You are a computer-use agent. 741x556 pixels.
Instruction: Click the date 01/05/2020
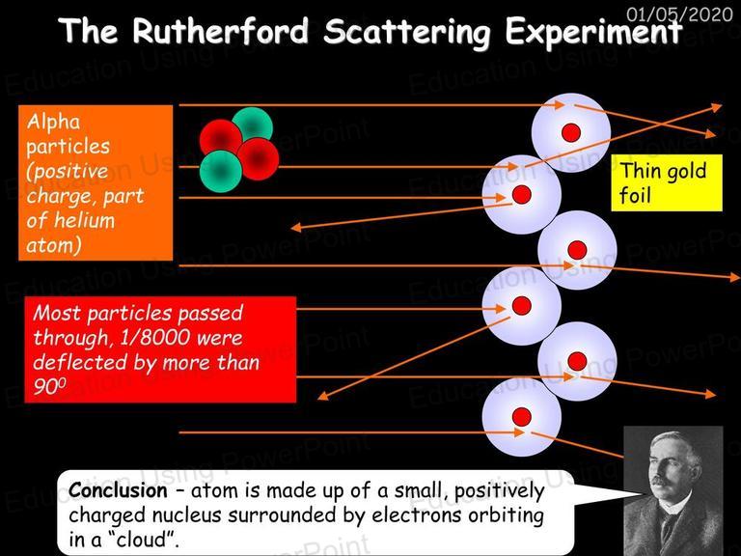click(679, 14)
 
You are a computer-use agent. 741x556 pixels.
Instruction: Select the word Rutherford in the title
click(220, 31)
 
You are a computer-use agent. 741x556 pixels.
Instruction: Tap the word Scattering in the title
click(407, 33)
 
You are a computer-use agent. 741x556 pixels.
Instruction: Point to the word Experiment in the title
click(593, 33)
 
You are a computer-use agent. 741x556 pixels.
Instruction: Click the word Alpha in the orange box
click(53, 122)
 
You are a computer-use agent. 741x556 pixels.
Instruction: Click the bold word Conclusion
click(118, 490)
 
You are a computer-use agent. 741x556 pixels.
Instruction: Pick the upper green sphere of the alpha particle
click(253, 125)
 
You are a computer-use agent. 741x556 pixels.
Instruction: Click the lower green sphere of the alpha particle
click(220, 171)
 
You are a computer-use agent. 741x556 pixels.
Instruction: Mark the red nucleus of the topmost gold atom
click(571, 133)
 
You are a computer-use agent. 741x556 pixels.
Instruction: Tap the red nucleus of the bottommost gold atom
click(522, 417)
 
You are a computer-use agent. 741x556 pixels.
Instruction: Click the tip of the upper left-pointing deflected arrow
click(291, 229)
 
